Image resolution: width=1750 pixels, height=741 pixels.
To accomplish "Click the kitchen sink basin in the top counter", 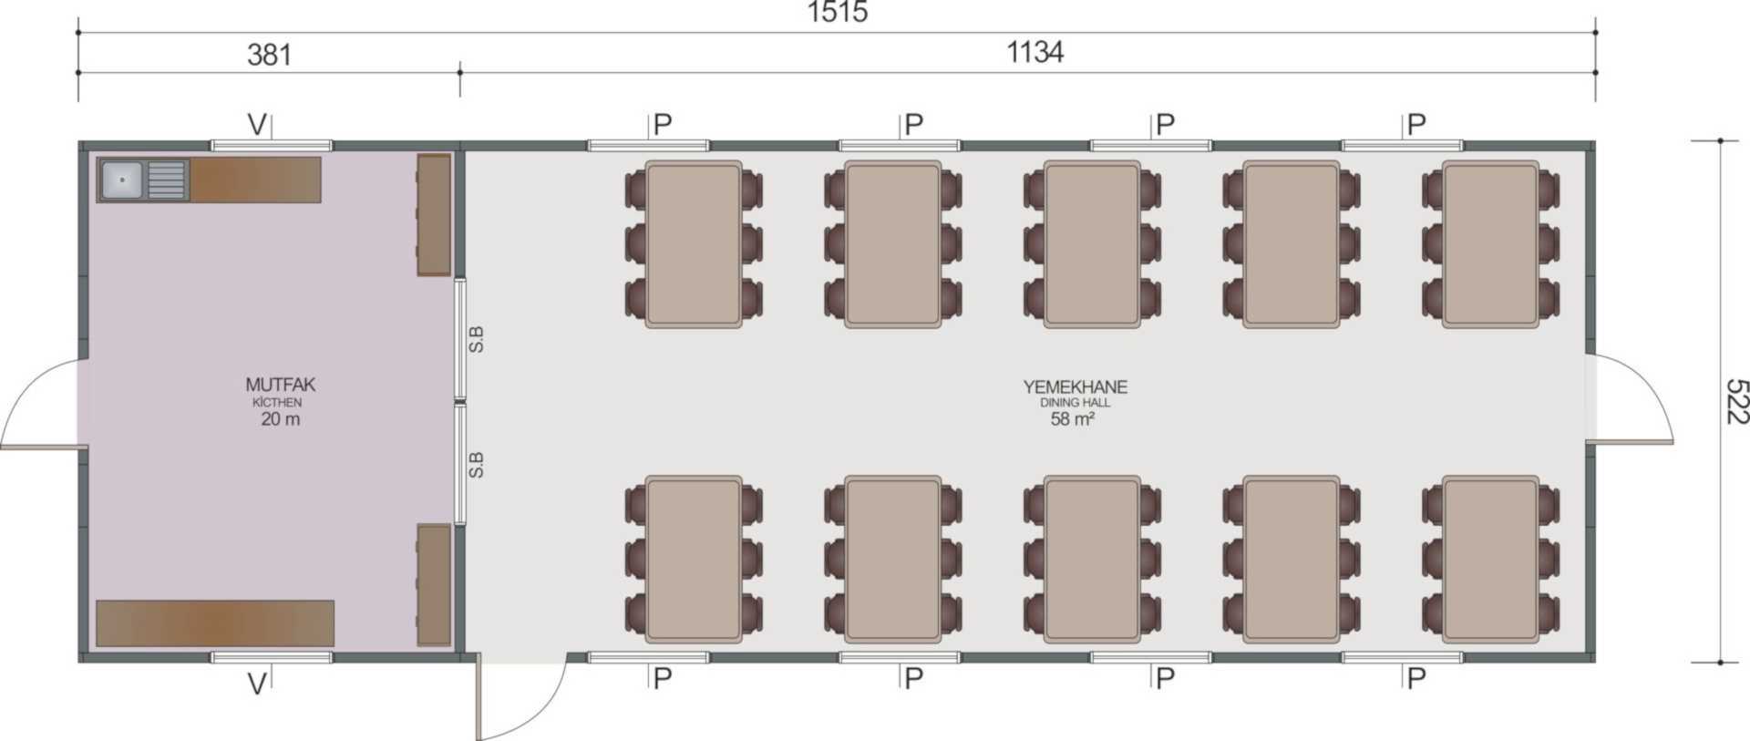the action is click(x=122, y=180).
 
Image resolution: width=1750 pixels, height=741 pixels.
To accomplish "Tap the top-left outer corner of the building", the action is click(x=79, y=142).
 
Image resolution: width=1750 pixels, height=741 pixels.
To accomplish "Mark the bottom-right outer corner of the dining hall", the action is click(x=1595, y=662).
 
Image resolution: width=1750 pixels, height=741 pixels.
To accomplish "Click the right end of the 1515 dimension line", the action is click(x=1595, y=32).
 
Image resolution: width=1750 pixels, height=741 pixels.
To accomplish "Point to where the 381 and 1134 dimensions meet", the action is click(x=459, y=71).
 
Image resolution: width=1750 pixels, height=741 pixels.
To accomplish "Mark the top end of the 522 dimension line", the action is click(x=1720, y=141).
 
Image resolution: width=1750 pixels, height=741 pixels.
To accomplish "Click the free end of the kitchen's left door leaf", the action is click(x=3, y=447).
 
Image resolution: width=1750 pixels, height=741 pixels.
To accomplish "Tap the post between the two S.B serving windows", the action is click(x=460, y=401).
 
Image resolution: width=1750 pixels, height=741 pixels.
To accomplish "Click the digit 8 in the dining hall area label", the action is click(x=1065, y=419).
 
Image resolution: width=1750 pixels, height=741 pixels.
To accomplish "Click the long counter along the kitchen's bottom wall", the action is click(x=215, y=623).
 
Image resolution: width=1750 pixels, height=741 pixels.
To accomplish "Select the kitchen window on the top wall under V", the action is click(x=272, y=145).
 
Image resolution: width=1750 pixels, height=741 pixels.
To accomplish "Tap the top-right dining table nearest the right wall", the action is click(x=1490, y=244).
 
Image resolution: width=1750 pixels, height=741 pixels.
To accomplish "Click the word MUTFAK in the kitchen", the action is click(x=280, y=385).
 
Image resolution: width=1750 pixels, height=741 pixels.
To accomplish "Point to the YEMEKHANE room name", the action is click(x=1076, y=386).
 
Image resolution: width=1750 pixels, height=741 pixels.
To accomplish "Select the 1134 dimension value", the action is click(x=1035, y=52).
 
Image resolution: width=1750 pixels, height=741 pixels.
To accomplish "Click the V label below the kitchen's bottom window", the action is click(x=257, y=684).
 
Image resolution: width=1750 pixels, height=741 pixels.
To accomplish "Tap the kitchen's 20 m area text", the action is click(x=280, y=419).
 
